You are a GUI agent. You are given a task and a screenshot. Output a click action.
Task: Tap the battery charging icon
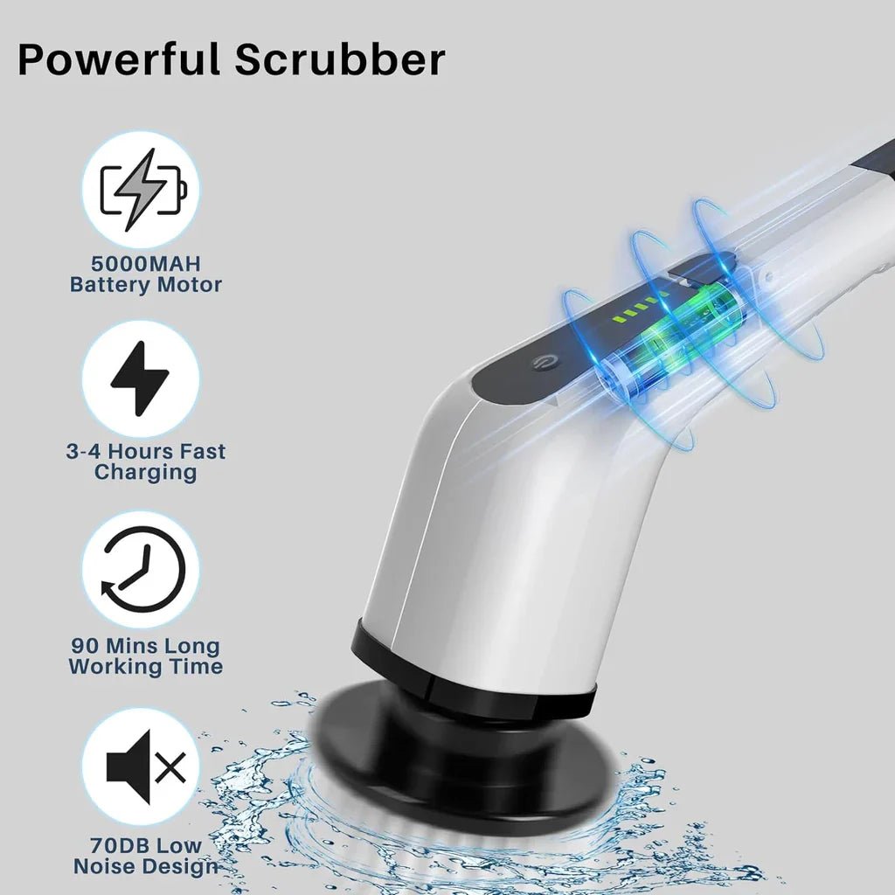pos(142,190)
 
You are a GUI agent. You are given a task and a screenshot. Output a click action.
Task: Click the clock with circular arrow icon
pos(142,569)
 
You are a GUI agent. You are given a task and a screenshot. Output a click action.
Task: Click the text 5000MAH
pos(145,264)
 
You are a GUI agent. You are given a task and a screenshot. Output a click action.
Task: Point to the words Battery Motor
pos(145,285)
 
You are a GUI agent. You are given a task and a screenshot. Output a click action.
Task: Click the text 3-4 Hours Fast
pos(145,452)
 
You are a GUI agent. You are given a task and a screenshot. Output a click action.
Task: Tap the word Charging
pos(145,473)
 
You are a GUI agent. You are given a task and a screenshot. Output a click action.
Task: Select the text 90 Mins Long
pos(145,647)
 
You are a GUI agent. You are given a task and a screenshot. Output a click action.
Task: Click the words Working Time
pos(145,667)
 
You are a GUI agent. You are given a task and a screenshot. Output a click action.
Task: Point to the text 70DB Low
pos(145,846)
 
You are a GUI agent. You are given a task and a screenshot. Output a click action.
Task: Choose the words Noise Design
pos(145,866)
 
